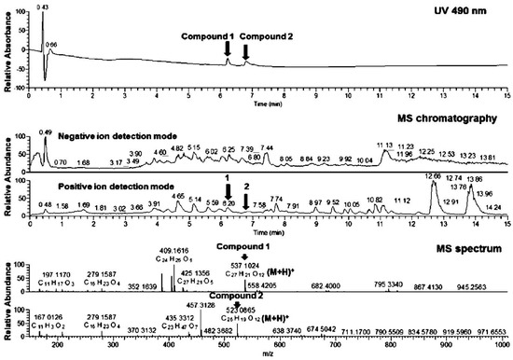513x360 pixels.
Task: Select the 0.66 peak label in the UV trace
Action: coord(51,45)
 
